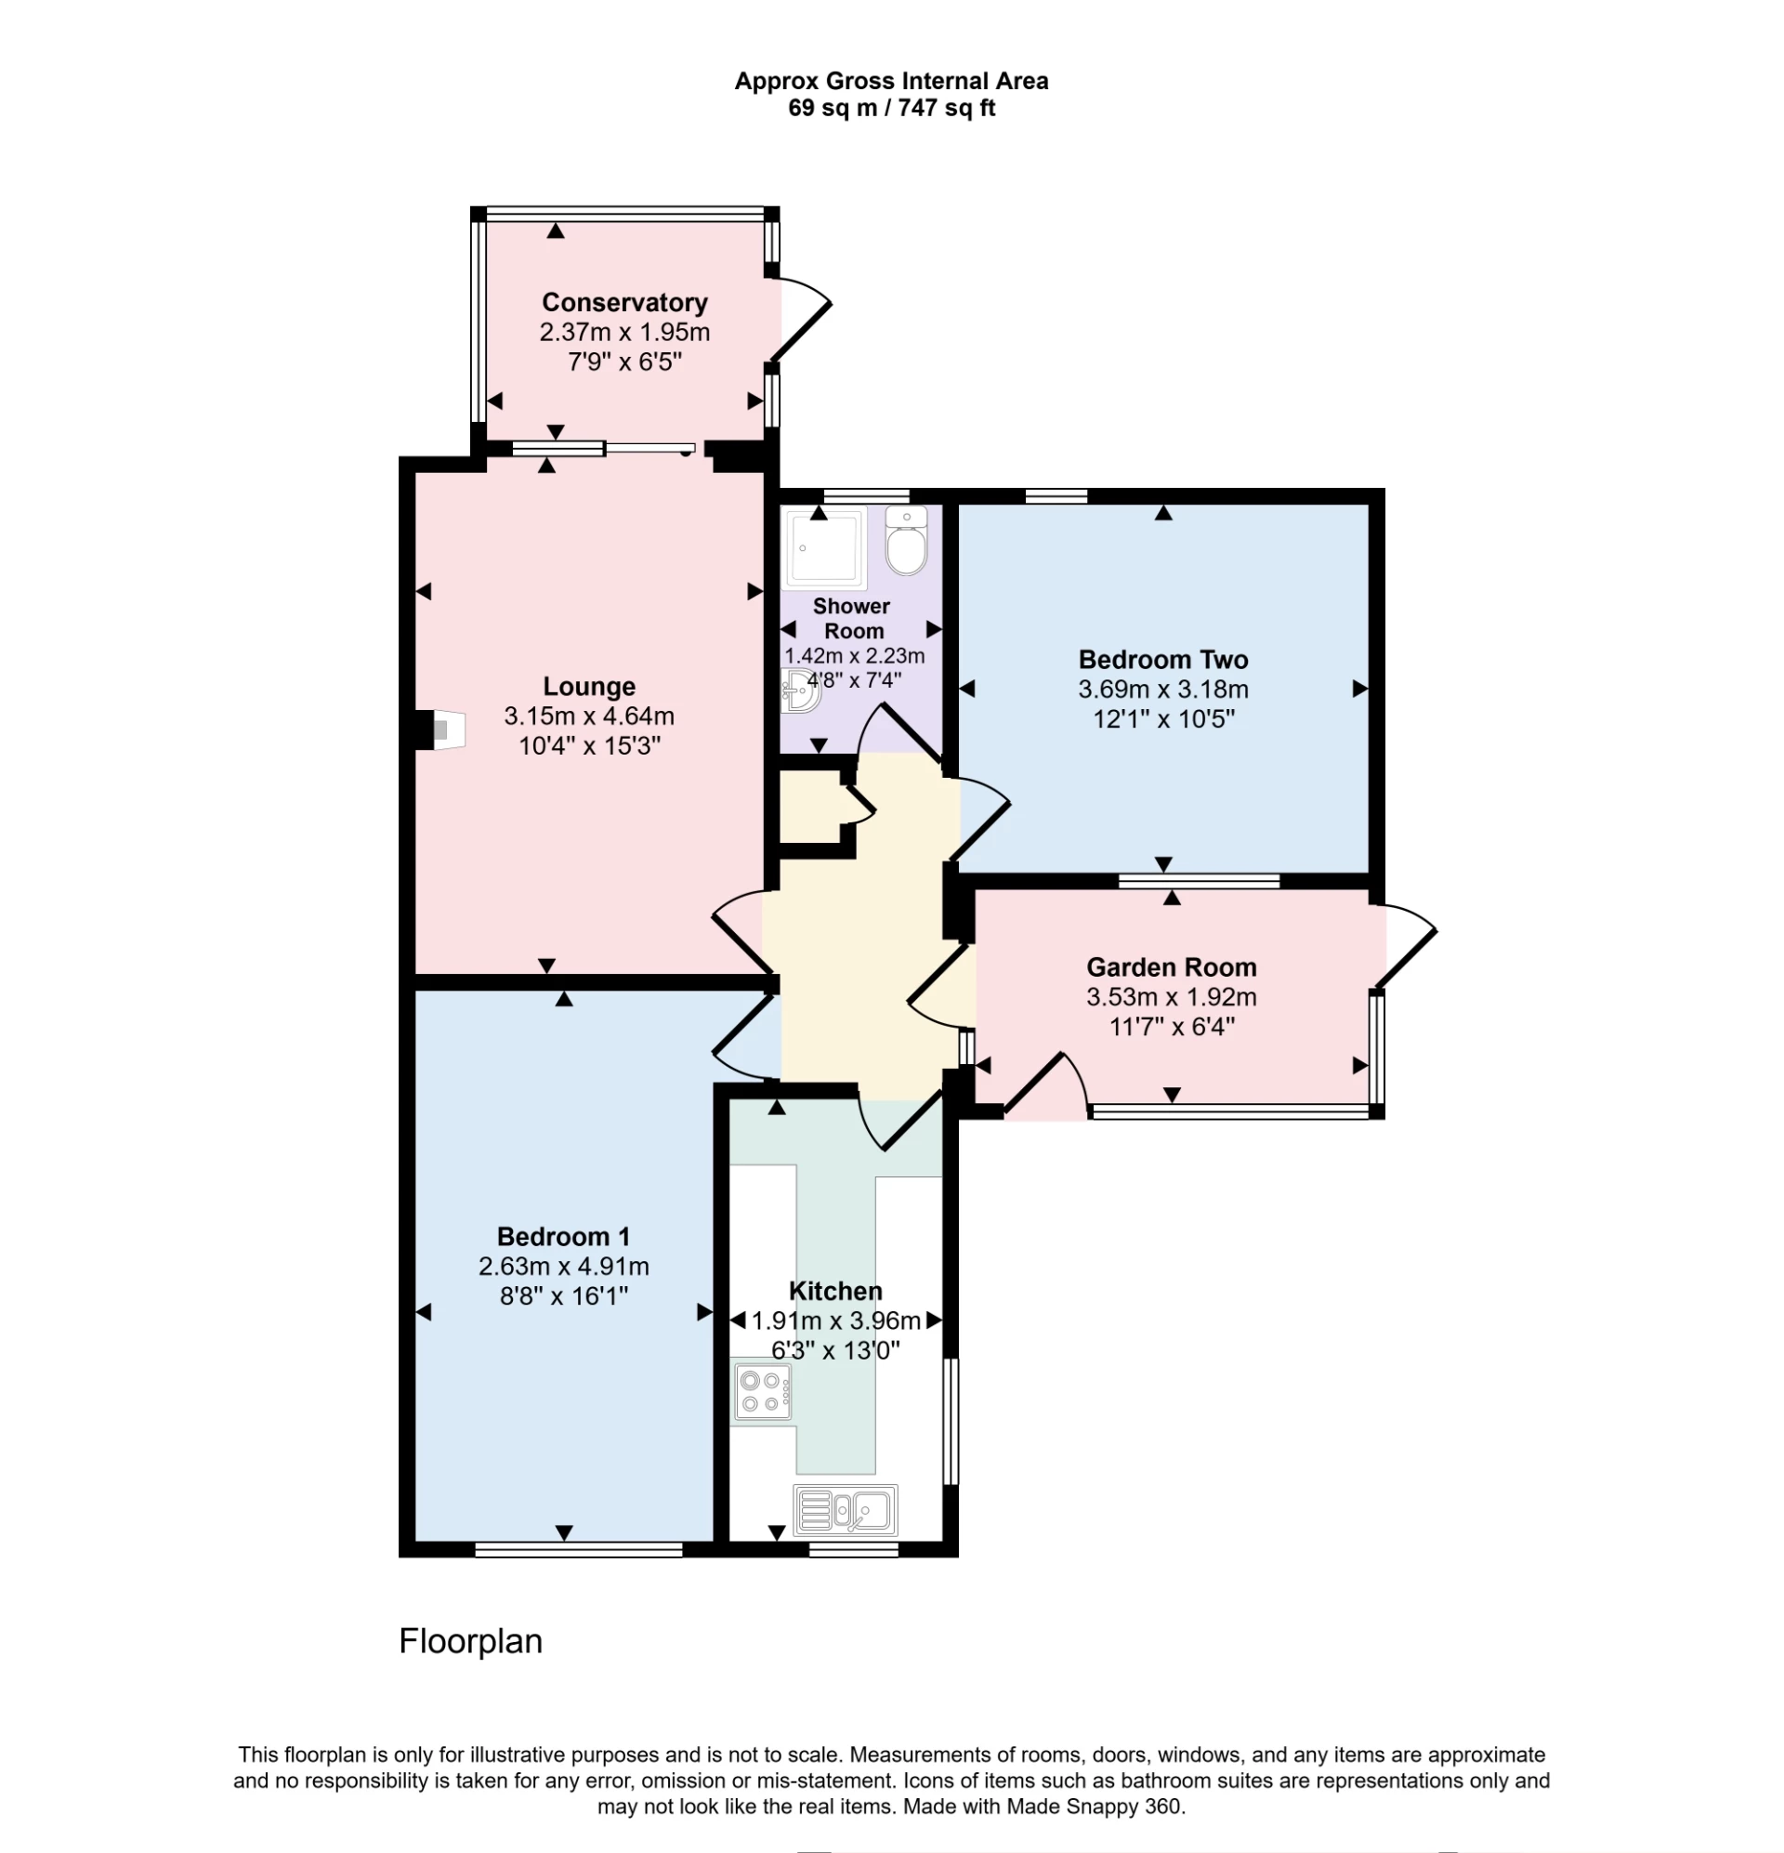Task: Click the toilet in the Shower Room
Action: click(x=907, y=543)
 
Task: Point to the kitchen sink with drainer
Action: click(x=846, y=1509)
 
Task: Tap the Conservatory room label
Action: click(x=624, y=303)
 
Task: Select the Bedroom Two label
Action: click(x=1163, y=660)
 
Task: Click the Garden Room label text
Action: click(x=1171, y=967)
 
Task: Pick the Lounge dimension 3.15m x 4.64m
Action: click(x=589, y=716)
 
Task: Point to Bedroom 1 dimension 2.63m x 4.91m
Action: click(x=563, y=1266)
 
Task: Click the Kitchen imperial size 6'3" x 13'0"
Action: click(x=834, y=1350)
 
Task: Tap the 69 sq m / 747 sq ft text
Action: click(x=890, y=109)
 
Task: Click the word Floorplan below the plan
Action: click(x=470, y=1641)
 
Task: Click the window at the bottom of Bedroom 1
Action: click(x=578, y=1548)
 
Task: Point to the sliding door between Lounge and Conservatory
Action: click(x=605, y=450)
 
